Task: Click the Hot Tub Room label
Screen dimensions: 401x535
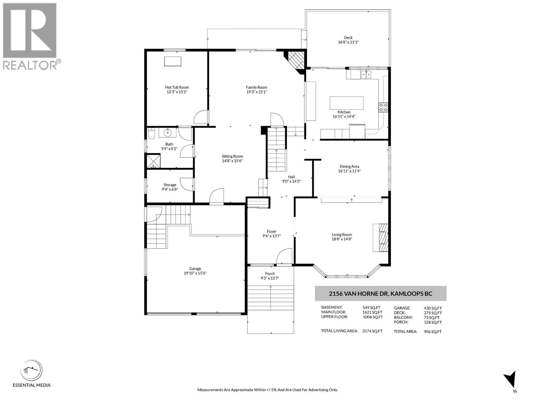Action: (177, 87)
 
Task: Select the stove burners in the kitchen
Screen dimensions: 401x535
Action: (383, 107)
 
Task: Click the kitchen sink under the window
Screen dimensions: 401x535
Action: (366, 74)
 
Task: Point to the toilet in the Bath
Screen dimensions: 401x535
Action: (151, 134)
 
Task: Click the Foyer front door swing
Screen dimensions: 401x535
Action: (284, 256)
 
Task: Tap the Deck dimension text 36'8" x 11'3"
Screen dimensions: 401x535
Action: (348, 42)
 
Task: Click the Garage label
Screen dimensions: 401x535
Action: (195, 268)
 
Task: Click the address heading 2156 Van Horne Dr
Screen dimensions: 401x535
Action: (381, 294)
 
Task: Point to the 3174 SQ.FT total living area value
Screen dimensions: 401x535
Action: (372, 331)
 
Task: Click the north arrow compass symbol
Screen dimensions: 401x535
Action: (511, 381)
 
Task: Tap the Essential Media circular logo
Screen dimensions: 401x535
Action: (31, 371)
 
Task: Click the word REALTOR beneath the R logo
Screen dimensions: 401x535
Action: (30, 65)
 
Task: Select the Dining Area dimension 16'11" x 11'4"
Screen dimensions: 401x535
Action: (349, 171)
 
